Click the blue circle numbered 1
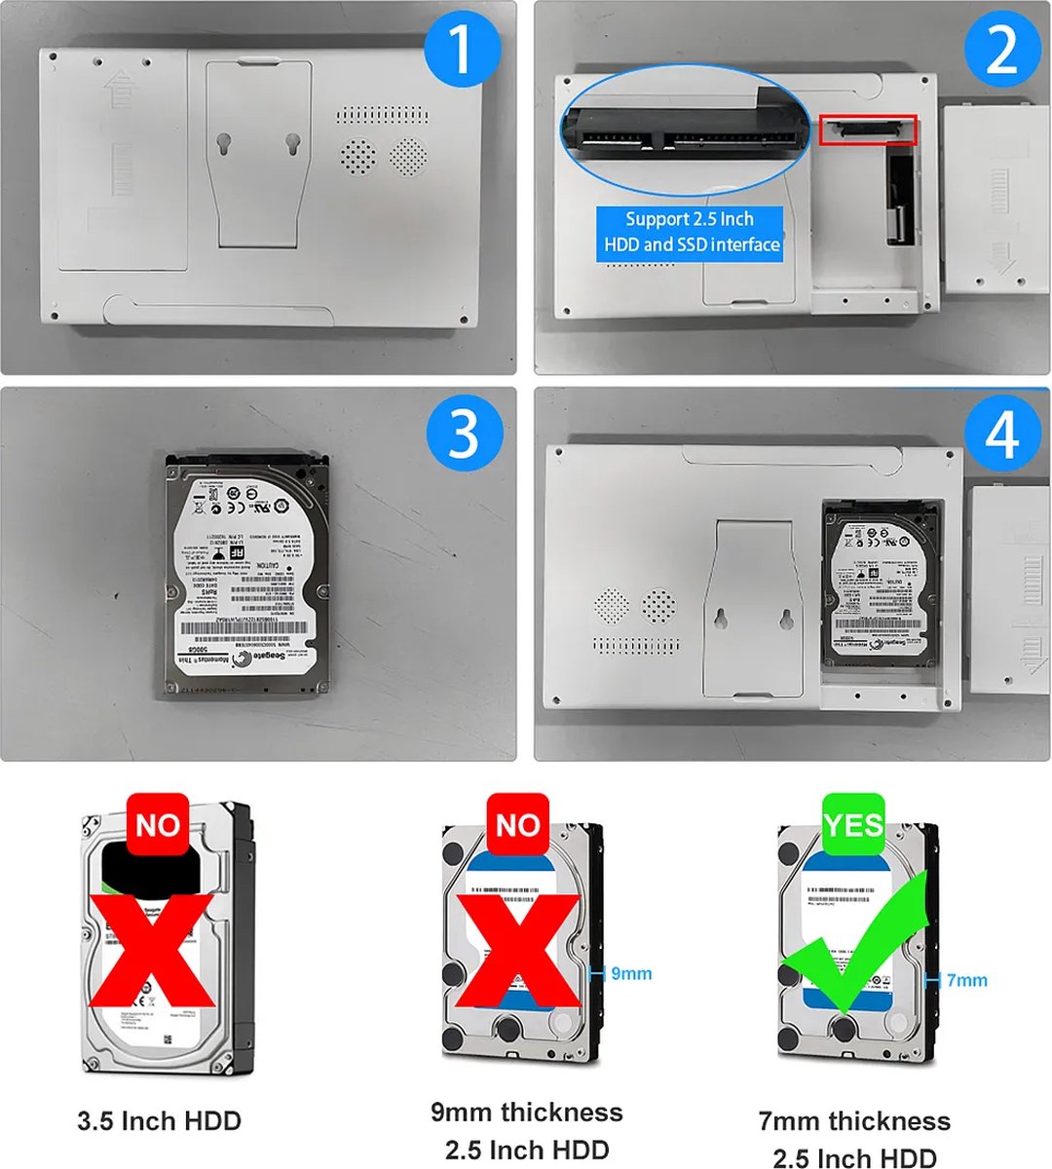[x=462, y=49]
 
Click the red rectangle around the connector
[x=868, y=131]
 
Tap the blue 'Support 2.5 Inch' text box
[x=690, y=232]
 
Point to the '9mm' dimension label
[x=630, y=973]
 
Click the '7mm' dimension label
[x=965, y=980]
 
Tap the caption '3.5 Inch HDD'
[x=159, y=1121]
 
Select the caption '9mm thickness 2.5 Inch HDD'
[x=526, y=1131]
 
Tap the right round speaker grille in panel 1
[x=408, y=155]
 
